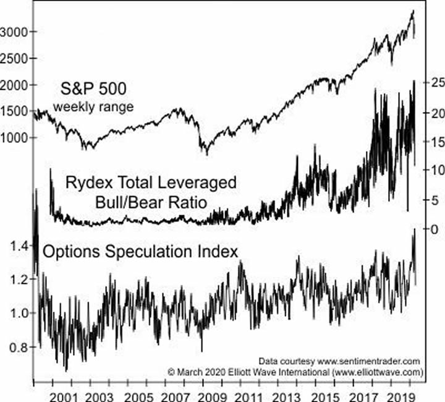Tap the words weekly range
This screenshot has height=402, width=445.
tap(93, 106)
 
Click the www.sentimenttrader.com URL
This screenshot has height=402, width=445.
tap(371, 361)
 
